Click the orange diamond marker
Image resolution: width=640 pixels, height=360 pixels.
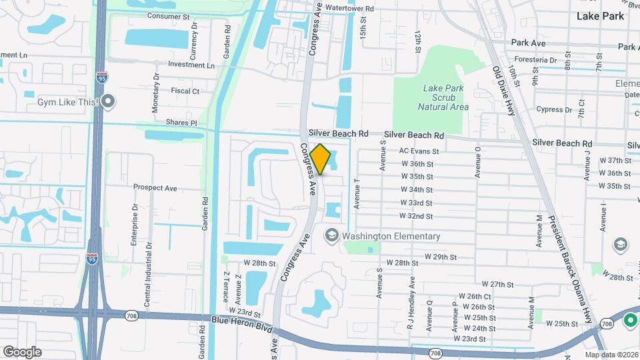tap(320, 159)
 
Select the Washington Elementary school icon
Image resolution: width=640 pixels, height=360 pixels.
tap(331, 236)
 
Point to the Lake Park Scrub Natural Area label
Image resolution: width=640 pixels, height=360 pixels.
tap(443, 97)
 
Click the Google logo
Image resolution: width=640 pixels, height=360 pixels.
tap(21, 351)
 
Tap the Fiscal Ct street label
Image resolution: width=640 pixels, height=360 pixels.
tap(185, 91)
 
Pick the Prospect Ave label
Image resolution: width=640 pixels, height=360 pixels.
tap(155, 188)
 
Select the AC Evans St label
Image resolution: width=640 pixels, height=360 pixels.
tap(419, 151)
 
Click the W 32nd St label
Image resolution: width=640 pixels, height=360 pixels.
tap(416, 216)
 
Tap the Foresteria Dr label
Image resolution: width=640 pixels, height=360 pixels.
tap(531, 57)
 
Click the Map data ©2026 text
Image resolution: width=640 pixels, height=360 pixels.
tap(611, 355)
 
